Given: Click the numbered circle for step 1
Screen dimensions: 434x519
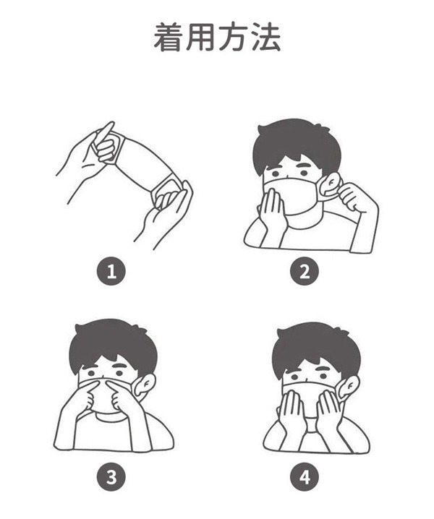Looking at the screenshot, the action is (x=111, y=271).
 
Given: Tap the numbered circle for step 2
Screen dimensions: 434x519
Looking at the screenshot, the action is (x=304, y=271).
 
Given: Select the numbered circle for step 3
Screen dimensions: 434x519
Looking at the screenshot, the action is (x=111, y=477).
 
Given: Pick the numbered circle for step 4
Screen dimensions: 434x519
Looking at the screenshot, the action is (x=304, y=477).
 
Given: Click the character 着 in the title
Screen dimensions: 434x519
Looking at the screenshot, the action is (x=169, y=37).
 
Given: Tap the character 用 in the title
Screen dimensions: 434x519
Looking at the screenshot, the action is (x=200, y=37).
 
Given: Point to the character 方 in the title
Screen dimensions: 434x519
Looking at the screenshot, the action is (x=233, y=37).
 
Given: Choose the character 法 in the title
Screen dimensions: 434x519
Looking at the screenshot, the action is (x=265, y=37).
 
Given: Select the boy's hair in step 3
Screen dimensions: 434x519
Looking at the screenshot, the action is (x=113, y=344).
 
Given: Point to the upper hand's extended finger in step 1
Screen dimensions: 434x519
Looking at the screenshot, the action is (x=106, y=132).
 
